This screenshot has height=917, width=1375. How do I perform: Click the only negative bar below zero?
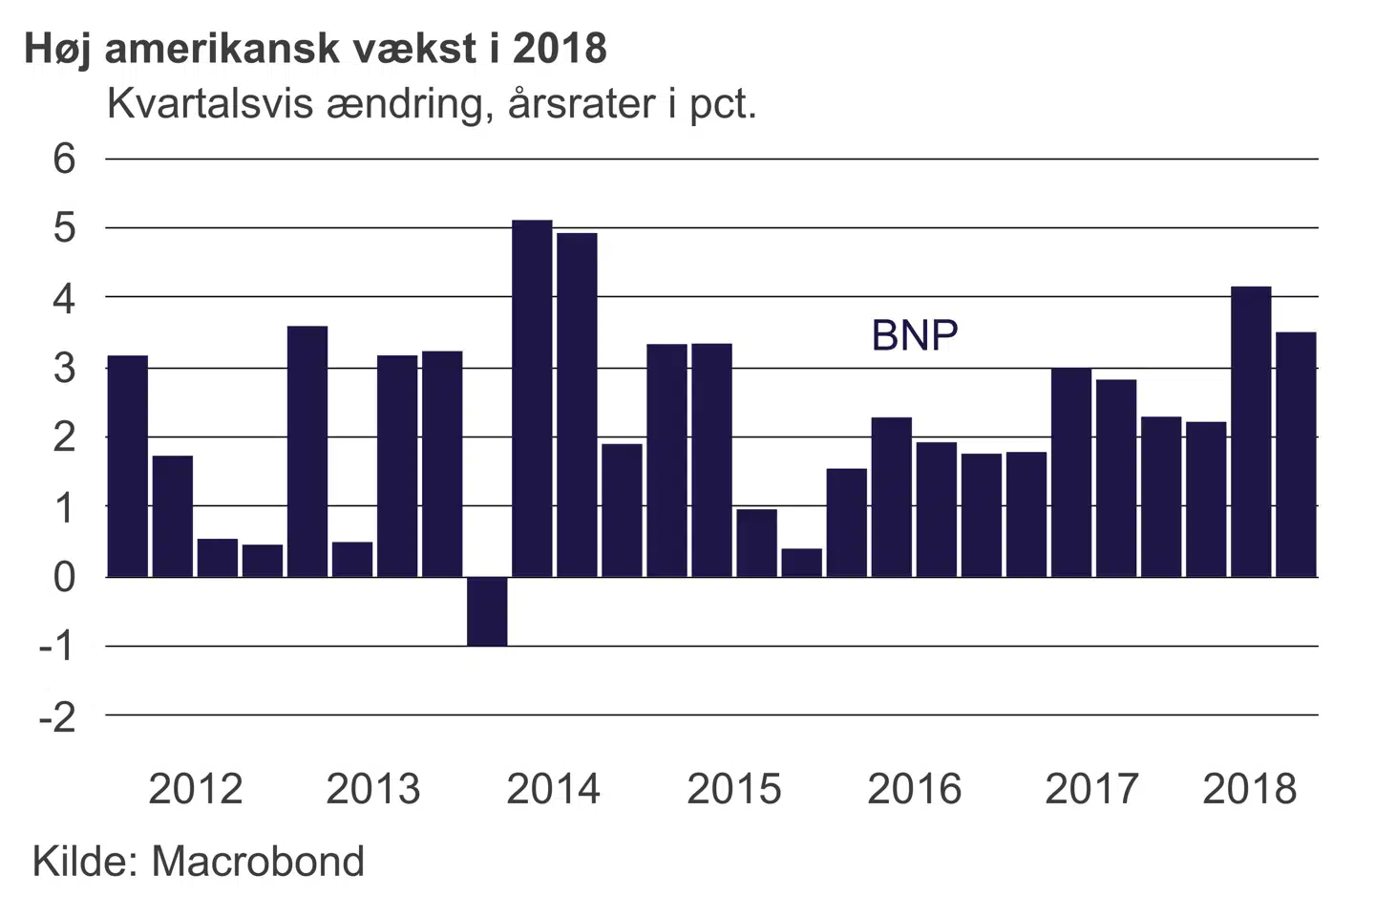coord(487,611)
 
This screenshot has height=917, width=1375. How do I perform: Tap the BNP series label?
coord(914,335)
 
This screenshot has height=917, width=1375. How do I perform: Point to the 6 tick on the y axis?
coord(64,159)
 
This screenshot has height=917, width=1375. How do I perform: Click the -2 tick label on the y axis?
coord(57,716)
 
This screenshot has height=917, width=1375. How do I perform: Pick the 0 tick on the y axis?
coord(64,577)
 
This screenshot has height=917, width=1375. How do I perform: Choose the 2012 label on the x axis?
coord(196,789)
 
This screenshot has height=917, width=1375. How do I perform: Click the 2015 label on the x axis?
coord(733,789)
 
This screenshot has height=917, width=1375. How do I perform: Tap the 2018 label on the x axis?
coord(1249,789)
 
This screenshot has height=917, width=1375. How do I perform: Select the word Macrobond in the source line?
coord(258,862)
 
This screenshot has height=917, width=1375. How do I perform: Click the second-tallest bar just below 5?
coord(577,405)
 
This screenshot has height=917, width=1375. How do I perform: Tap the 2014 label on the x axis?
coord(553,789)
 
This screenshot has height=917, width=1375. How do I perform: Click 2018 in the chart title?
coord(560,49)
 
